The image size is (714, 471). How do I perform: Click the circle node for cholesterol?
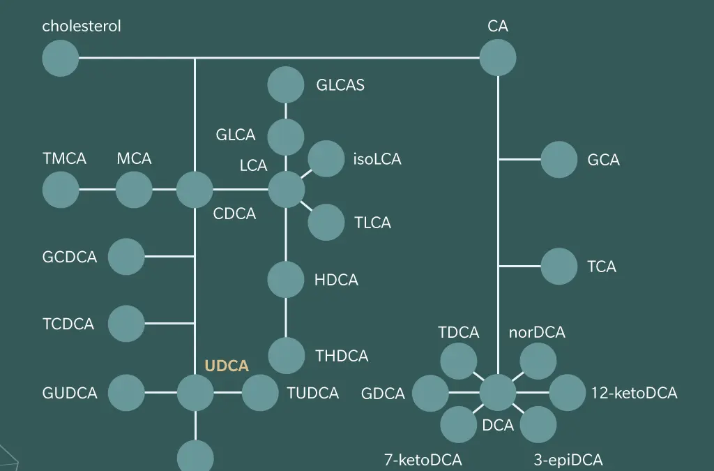click(x=61, y=58)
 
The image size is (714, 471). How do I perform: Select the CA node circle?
click(x=498, y=58)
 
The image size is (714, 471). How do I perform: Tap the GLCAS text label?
click(x=340, y=85)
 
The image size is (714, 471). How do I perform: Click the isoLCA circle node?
click(x=326, y=159)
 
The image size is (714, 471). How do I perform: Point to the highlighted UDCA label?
click(x=227, y=366)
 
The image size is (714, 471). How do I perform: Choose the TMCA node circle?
click(x=61, y=190)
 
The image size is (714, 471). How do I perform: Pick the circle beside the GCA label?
click(x=559, y=160)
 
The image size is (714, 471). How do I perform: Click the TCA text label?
click(x=602, y=267)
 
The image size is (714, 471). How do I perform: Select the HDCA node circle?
click(x=286, y=280)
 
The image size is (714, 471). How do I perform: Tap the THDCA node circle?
click(x=286, y=356)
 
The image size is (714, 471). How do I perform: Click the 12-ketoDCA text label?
click(x=634, y=393)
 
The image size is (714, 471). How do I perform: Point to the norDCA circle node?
click(x=538, y=361)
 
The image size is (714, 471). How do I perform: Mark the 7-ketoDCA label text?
click(x=423, y=460)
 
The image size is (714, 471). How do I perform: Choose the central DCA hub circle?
click(x=498, y=392)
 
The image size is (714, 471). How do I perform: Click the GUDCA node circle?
click(x=126, y=393)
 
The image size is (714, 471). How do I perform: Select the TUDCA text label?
click(x=313, y=393)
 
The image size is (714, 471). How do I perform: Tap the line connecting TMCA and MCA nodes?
click(x=97, y=190)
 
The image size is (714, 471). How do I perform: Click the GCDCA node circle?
click(x=126, y=257)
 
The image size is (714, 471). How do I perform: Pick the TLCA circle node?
click(x=326, y=223)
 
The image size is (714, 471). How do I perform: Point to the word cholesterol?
click(x=82, y=26)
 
